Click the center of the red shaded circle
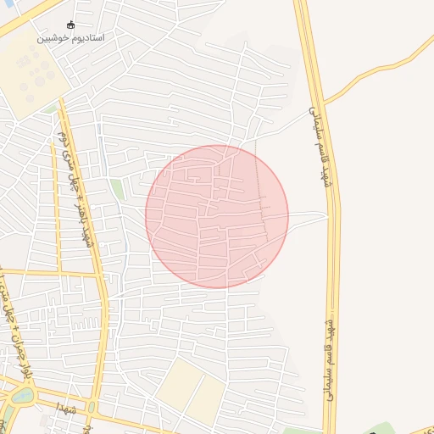click(x=217, y=216)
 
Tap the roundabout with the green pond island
click(x=22, y=395)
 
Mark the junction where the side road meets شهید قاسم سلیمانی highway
click(x=324, y=103)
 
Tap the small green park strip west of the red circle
click(x=117, y=188)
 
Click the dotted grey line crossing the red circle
click(x=260, y=195)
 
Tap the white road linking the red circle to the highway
click(x=305, y=218)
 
